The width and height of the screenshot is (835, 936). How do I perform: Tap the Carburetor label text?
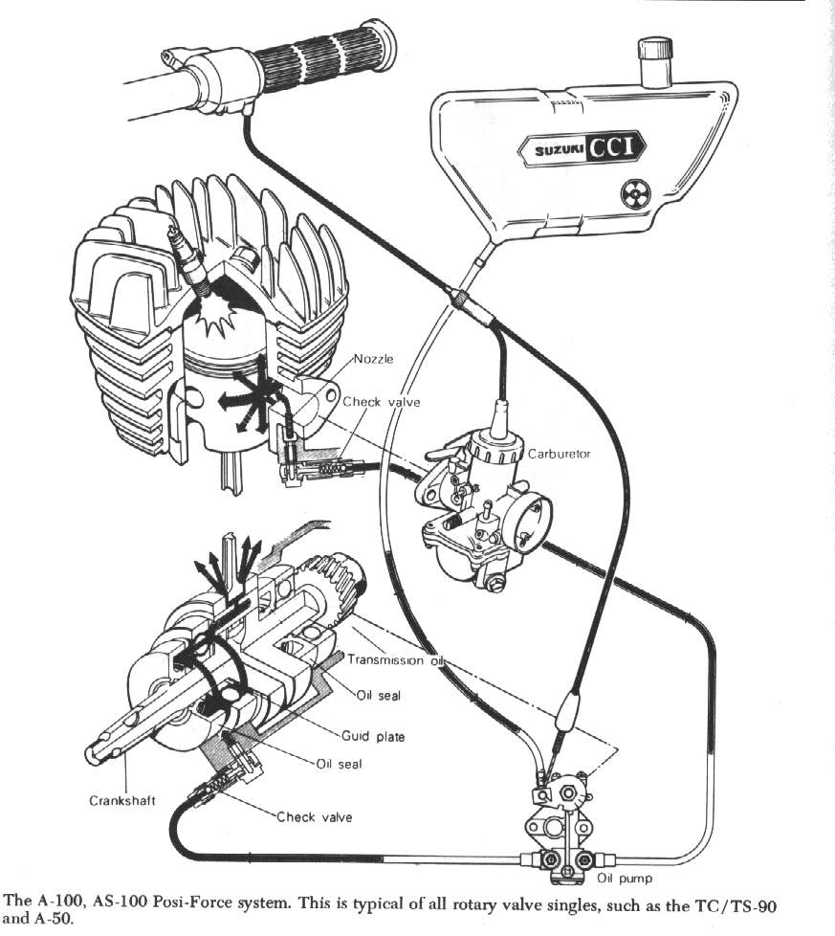(560, 453)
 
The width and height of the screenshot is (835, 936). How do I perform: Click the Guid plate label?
(373, 736)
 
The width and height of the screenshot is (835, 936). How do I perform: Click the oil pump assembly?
(560, 823)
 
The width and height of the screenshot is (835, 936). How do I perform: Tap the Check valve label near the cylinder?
(382, 402)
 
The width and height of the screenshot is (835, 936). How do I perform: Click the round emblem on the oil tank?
(631, 194)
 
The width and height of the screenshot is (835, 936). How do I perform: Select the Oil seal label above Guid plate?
(378, 695)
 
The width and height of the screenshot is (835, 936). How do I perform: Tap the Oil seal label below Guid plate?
(339, 764)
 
